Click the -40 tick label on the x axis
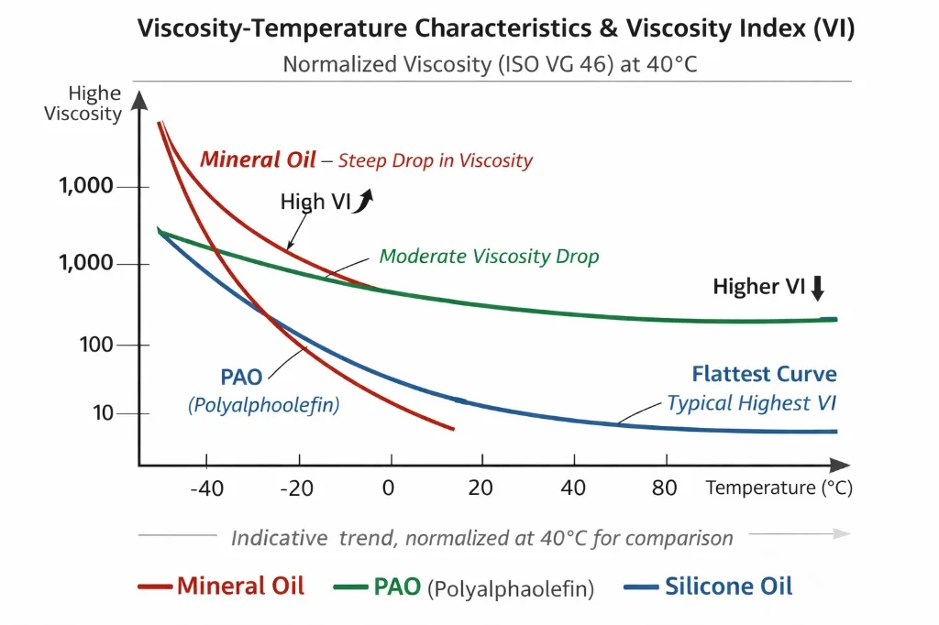pyautogui.click(x=206, y=488)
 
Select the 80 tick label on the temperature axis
pyautogui.click(x=665, y=488)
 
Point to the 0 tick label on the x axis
pyautogui.click(x=388, y=488)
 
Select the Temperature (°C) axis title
pyautogui.click(x=779, y=488)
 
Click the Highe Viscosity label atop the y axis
pyautogui.click(x=94, y=104)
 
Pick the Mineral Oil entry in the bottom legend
pyautogui.click(x=221, y=586)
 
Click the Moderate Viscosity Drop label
pyautogui.click(x=489, y=256)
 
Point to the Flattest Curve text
pyautogui.click(x=764, y=374)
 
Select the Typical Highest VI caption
pyautogui.click(x=751, y=402)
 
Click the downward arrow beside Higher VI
pyautogui.click(x=818, y=289)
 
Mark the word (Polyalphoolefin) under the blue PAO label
pyautogui.click(x=263, y=404)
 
